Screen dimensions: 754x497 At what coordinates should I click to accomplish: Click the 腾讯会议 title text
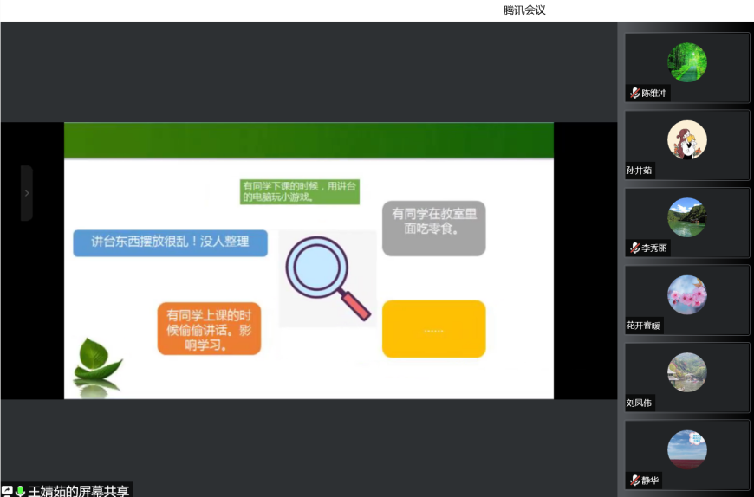524,10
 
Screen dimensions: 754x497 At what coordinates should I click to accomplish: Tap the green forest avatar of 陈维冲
687,62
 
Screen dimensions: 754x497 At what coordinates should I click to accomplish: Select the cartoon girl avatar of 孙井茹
687,139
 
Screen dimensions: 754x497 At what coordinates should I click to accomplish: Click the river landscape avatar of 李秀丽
687,217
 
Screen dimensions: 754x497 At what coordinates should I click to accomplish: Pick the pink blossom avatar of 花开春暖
687,295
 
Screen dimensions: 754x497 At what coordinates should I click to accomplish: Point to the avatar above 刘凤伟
687,372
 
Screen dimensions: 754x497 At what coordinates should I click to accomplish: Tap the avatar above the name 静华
687,449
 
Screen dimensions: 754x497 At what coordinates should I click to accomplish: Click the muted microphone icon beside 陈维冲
634,94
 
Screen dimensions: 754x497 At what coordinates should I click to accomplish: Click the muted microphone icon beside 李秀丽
634,248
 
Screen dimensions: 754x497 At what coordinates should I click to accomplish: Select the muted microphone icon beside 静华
634,480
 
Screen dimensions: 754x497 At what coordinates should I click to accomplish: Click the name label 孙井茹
639,171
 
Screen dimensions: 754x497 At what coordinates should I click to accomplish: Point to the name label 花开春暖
643,326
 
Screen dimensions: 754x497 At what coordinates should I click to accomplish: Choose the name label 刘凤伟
639,403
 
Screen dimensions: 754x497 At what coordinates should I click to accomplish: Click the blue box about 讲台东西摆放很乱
170,243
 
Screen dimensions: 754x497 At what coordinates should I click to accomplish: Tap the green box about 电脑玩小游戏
300,191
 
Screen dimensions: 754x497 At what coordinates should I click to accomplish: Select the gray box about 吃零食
433,228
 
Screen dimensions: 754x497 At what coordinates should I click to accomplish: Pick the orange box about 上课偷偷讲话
209,329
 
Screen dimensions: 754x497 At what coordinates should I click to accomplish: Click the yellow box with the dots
433,329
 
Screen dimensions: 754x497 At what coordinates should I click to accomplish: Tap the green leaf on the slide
96,359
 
